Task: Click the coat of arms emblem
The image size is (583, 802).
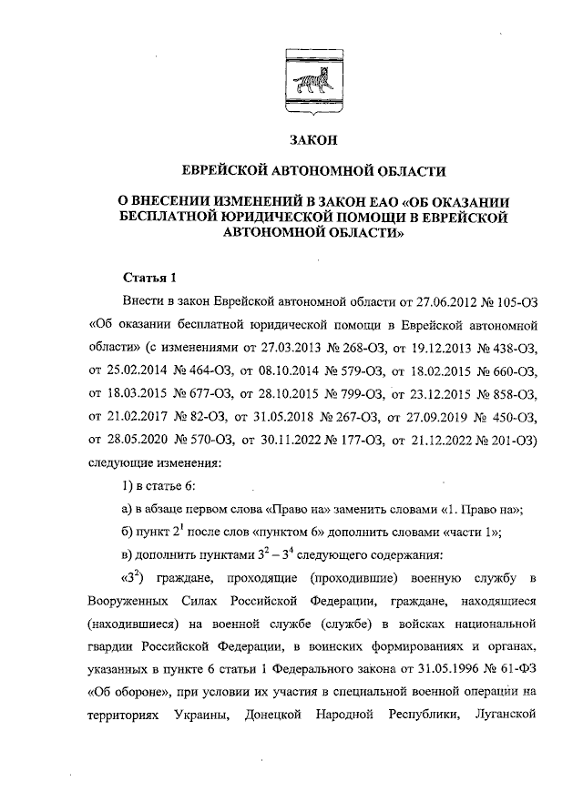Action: click(x=310, y=80)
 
